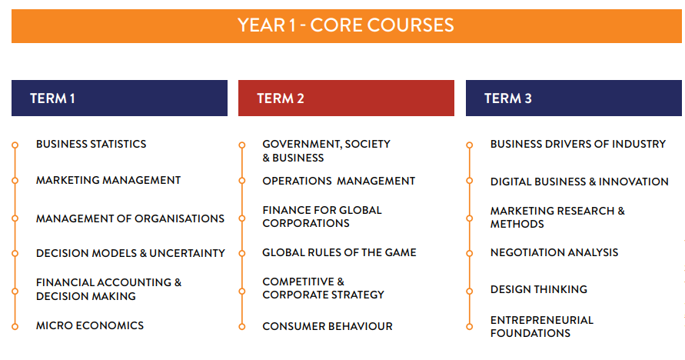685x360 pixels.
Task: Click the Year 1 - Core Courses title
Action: coord(345,25)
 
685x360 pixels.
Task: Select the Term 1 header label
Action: coord(52,98)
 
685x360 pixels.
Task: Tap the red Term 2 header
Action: coord(346,98)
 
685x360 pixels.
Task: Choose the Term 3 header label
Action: coord(507,98)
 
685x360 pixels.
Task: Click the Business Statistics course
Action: coord(91,144)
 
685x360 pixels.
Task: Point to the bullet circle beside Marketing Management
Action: coord(15,181)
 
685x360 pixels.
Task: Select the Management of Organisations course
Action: coord(130,218)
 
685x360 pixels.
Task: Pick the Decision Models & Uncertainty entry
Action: coord(131,253)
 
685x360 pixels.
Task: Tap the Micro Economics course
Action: coord(89,325)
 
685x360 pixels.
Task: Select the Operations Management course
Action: coord(338,181)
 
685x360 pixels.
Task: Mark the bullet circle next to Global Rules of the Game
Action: coord(242,253)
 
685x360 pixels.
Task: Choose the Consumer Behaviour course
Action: coord(328,326)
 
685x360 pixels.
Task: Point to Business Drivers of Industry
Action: coord(577,144)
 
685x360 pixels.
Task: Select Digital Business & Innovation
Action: coord(579,182)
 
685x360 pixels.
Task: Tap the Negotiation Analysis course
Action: coord(554,252)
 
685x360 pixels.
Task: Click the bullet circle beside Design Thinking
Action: coord(470,292)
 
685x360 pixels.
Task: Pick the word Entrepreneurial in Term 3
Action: coord(542,320)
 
